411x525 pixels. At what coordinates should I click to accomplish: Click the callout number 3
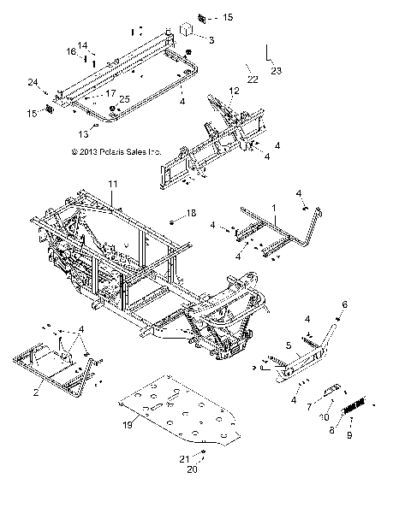[211, 40]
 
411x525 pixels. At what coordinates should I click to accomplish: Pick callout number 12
[233, 90]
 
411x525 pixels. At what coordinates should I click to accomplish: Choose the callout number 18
[192, 212]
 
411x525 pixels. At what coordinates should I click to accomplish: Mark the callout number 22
[252, 79]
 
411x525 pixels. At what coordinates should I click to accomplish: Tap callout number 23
[277, 72]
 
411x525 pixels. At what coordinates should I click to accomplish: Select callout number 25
[125, 100]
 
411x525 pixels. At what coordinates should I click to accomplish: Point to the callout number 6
[345, 304]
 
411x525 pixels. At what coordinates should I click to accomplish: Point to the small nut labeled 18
[171, 221]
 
